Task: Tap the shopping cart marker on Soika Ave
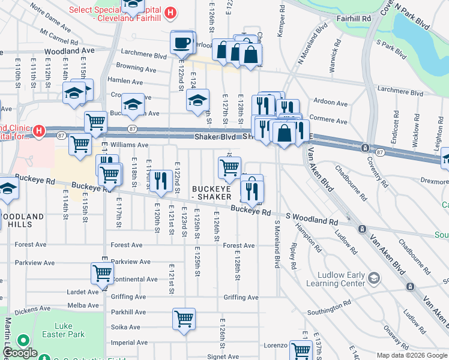pos(184,319)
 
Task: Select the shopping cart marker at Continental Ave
pos(102,273)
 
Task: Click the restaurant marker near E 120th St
pos(160,181)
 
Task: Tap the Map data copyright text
pos(412,355)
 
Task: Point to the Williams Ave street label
pos(129,145)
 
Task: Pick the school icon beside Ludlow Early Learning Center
pos(375,277)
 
